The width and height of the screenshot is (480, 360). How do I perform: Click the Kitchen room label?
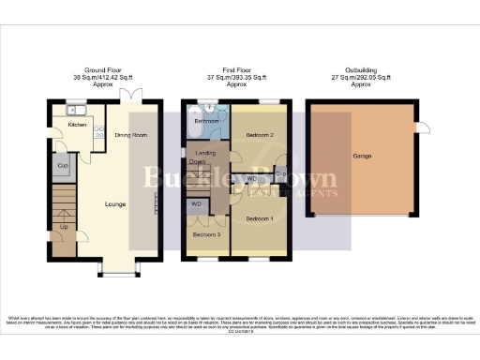[77, 124]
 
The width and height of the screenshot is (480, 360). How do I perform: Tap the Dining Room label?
[132, 135]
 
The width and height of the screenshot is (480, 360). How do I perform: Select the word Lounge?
[114, 202]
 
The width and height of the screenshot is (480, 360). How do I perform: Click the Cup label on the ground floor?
[63, 166]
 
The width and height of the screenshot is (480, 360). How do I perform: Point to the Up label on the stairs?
[64, 226]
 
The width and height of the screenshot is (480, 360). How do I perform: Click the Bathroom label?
[205, 121]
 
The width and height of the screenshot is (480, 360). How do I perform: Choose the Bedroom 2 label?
[258, 135]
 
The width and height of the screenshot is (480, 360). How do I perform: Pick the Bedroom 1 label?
[258, 217]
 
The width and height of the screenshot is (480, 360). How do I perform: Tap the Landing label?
[205, 153]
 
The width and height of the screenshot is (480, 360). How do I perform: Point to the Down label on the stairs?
[198, 162]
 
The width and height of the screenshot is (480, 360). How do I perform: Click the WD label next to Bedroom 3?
[196, 202]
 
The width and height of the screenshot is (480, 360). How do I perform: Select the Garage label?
[363, 156]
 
